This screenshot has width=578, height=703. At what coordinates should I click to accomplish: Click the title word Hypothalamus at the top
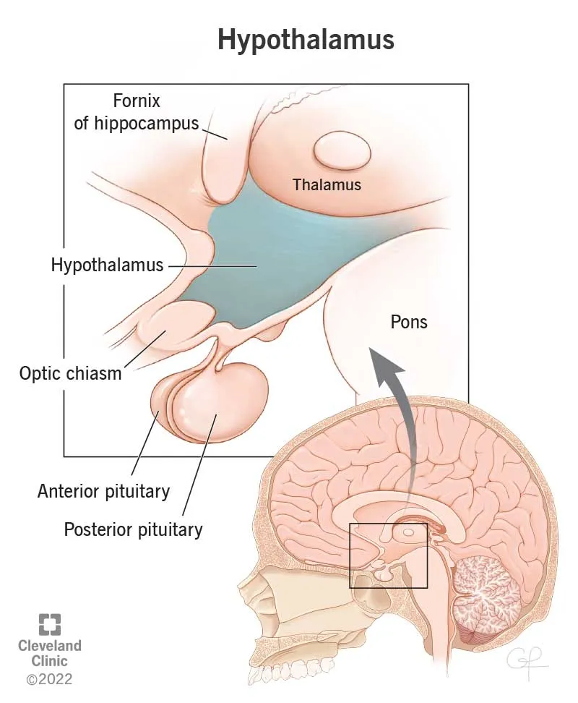(306, 40)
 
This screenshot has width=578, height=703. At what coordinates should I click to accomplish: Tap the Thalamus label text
(327, 184)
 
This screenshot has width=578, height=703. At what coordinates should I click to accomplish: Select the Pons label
(409, 321)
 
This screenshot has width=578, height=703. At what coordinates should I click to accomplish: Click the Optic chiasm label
(71, 374)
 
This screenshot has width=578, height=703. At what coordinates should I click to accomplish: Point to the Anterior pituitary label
(103, 492)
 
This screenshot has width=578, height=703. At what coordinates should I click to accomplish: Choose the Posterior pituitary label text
(133, 529)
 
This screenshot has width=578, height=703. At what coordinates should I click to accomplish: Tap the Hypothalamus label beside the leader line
(107, 265)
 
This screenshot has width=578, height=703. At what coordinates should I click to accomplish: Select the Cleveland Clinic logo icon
(50, 625)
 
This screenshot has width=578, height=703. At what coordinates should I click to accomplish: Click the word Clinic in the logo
(50, 660)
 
